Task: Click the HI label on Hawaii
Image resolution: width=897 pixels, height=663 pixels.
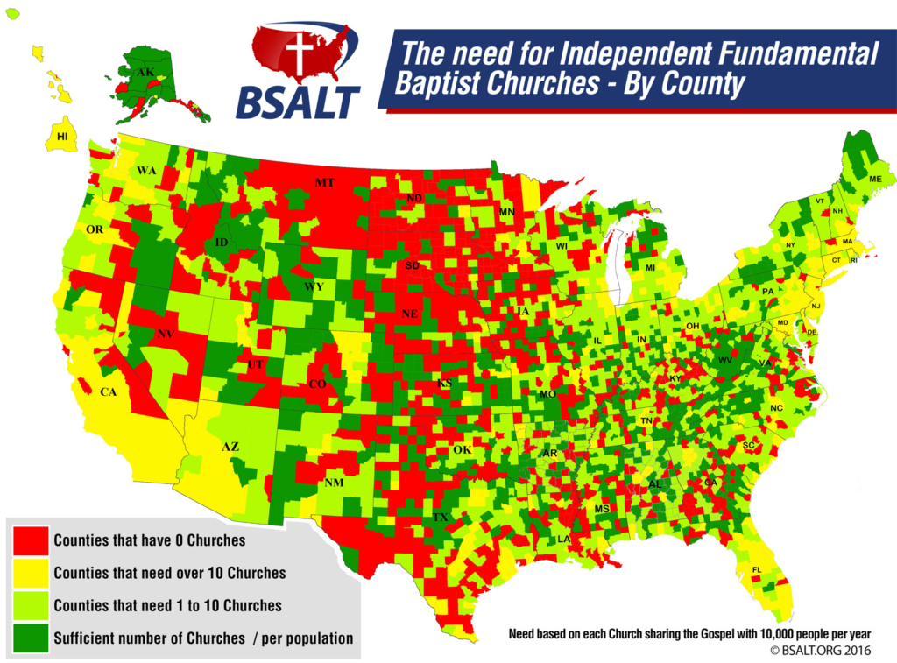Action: [x=61, y=137]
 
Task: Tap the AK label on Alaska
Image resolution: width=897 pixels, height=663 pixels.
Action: [x=146, y=72]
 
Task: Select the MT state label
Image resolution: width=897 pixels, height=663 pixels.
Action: [x=324, y=183]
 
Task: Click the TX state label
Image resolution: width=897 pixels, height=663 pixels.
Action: [x=441, y=518]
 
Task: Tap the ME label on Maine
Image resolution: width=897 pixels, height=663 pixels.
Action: [x=874, y=179]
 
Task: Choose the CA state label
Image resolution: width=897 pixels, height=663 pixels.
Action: [x=107, y=392]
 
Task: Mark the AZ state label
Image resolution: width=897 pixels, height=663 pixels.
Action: [x=230, y=447]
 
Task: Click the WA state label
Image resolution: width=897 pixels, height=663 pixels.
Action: [x=145, y=171]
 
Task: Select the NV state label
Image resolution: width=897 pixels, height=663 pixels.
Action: [x=165, y=334]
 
